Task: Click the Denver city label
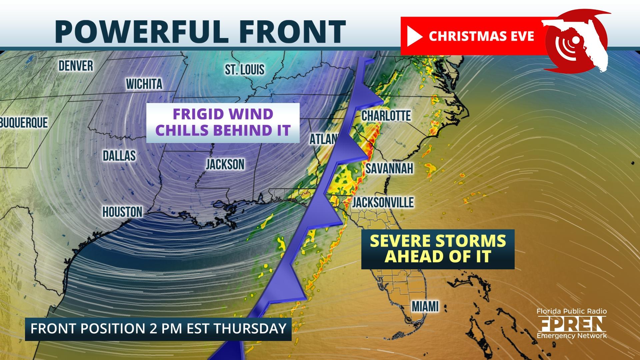pos(76,66)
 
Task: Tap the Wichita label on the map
pos(144,84)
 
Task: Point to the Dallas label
pos(119,156)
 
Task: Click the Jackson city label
pos(225,164)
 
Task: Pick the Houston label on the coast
pos(122,212)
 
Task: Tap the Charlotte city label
pos(386,116)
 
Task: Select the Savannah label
pos(389,169)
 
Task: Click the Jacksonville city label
pos(383,202)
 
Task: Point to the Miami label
pos(425,306)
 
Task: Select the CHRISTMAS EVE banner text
pos(481,36)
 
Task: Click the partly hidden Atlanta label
pos(323,139)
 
